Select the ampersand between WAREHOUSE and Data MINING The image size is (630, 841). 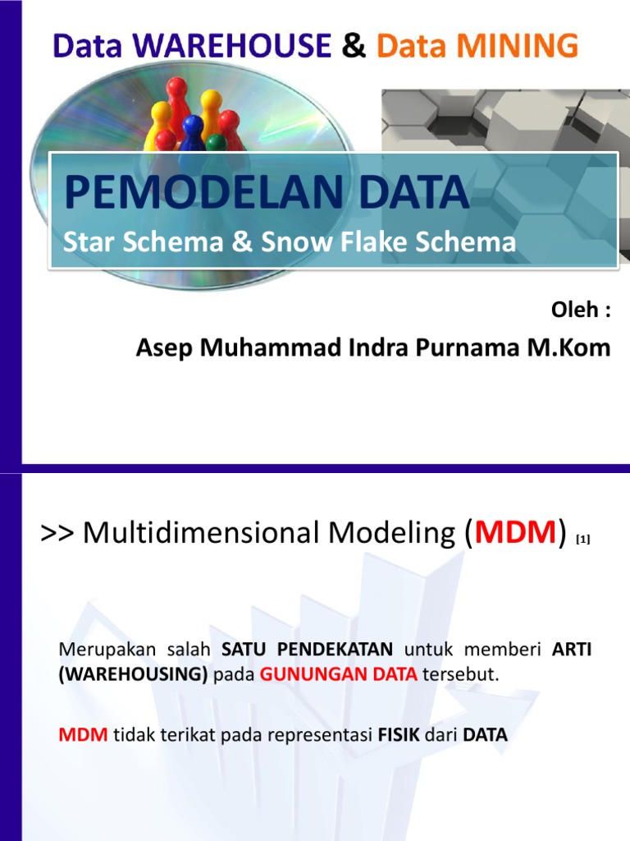click(354, 46)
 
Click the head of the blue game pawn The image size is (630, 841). click(193, 126)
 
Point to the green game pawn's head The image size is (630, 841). click(217, 143)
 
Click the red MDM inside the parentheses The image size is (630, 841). click(515, 534)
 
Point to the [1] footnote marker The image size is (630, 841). click(583, 539)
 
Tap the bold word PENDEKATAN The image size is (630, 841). click(336, 650)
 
